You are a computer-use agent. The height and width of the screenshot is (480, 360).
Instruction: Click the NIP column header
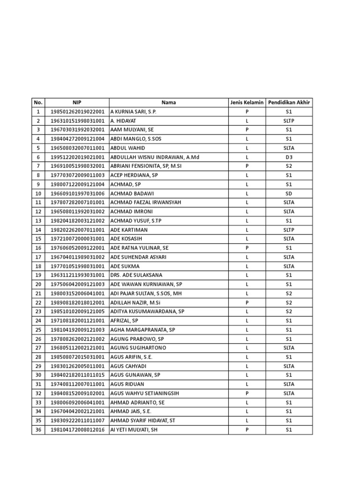coord(77,103)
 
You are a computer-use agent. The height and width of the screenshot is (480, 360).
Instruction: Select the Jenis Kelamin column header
coord(247,103)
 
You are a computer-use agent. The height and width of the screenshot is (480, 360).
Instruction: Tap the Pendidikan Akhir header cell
coord(289,103)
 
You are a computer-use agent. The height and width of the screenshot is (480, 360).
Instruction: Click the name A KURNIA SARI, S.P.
coord(133,112)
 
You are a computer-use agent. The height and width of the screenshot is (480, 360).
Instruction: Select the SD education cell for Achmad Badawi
coord(289,193)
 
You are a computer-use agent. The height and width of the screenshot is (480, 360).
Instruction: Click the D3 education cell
coord(289,157)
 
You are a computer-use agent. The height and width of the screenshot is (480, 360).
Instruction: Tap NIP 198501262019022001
coord(77,112)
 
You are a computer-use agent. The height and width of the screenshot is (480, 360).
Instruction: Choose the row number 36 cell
coord(38,429)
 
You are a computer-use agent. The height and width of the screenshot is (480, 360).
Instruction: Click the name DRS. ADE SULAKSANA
coord(136,275)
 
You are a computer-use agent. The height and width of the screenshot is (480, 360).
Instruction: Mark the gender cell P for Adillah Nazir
coord(247,302)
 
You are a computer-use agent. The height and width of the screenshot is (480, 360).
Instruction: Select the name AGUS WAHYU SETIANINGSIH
coord(145,393)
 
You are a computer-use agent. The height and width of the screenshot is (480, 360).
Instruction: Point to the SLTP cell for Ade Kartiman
coord(289,230)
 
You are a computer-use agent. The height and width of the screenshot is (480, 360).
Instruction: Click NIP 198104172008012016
coord(77,429)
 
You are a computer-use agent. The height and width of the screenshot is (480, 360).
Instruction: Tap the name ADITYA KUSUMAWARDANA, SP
coord(147,311)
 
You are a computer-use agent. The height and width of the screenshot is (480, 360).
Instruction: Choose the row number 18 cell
coord(38,266)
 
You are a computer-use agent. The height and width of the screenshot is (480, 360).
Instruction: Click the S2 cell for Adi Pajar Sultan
coord(289,293)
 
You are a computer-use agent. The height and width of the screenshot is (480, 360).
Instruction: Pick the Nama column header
coord(169,103)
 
